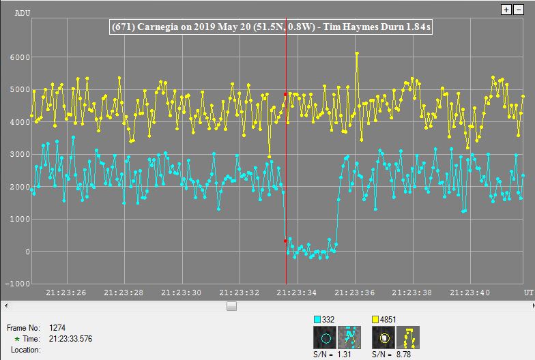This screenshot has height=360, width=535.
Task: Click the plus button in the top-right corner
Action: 506,10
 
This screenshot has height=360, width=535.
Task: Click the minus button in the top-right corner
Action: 517,10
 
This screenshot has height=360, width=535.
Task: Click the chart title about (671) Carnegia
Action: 272,27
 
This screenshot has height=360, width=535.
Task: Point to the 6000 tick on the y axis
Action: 20,58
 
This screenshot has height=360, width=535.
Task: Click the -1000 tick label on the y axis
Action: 18,284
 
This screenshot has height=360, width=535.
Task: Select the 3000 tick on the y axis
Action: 20,155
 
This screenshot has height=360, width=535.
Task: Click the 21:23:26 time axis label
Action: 66,292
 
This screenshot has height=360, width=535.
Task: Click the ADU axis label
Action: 22,12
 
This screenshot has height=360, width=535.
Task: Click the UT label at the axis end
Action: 527,292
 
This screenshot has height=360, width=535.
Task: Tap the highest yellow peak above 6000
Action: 357,53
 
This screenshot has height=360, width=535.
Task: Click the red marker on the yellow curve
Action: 285,94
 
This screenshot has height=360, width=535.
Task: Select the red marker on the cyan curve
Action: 285,241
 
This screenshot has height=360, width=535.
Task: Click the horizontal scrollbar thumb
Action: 231,306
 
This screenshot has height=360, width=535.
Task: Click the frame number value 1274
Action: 58,328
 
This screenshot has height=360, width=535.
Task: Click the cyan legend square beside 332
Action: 318,319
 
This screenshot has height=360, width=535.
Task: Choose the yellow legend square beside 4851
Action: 376,319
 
